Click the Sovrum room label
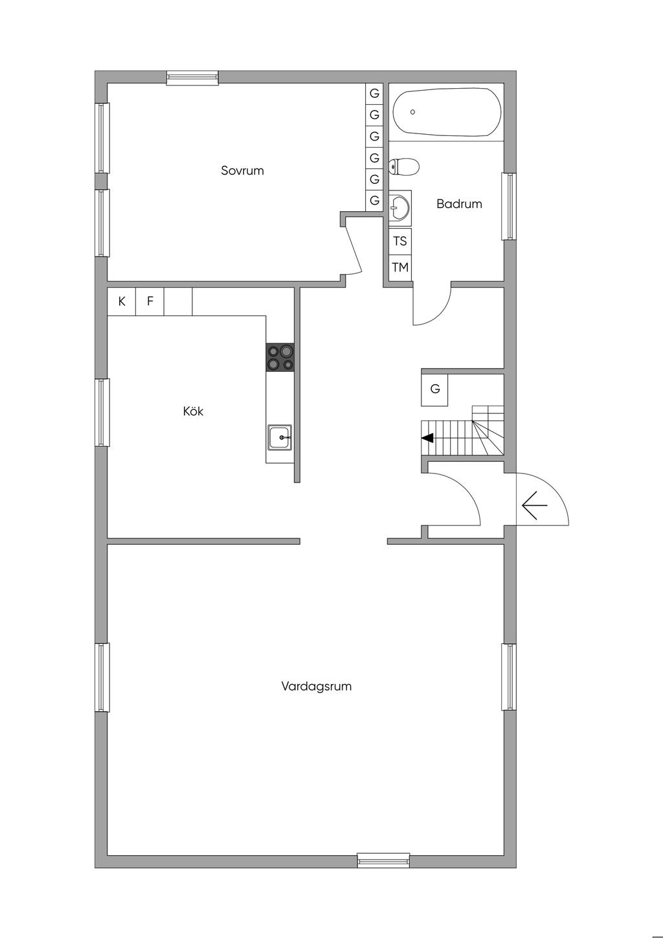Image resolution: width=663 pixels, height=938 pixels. click(242, 171)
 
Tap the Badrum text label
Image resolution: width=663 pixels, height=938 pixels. click(459, 204)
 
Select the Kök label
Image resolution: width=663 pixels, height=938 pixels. click(193, 411)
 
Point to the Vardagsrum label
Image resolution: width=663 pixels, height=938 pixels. click(316, 686)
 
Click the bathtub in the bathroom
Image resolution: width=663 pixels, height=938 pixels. click(447, 112)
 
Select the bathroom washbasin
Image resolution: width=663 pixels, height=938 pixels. click(399, 207)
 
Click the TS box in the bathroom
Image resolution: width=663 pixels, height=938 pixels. click(400, 241)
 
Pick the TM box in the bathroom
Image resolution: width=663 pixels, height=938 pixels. click(400, 267)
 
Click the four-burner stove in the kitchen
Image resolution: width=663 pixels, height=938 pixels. click(280, 358)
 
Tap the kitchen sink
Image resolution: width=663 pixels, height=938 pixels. click(280, 437)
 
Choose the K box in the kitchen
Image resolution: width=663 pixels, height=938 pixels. click(121, 301)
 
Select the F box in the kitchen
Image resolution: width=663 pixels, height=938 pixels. click(150, 301)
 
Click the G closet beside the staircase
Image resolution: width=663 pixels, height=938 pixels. click(434, 389)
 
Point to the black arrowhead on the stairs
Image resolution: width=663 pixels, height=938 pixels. click(427, 438)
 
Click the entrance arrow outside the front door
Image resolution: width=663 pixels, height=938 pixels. click(534, 505)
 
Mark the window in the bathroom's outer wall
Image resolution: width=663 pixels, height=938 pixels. click(510, 206)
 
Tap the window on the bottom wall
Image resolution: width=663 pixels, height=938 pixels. click(383, 860)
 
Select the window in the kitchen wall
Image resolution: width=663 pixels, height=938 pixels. click(102, 413)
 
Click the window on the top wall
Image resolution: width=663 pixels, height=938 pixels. click(192, 78)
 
